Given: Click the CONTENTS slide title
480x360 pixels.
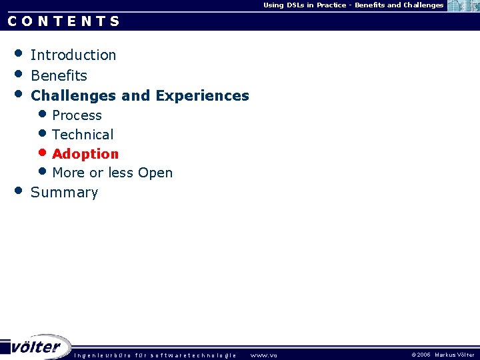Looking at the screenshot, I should coord(64,21).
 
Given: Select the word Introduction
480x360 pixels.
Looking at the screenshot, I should coord(73,55).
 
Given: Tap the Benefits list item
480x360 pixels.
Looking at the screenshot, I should coord(59,75).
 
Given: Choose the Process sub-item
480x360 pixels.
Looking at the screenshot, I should coord(77,115).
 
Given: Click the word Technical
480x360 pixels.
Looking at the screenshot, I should coord(83,135).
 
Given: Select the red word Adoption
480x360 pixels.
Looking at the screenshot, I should coord(85,154).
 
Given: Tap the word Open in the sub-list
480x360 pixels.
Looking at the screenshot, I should coord(155,173).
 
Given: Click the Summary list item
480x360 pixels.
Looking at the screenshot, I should coord(64,193).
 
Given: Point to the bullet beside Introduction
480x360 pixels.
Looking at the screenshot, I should coord(19,53).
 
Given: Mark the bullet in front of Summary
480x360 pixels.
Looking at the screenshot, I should coord(19,191).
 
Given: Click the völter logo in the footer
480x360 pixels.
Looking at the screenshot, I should coord(36,347).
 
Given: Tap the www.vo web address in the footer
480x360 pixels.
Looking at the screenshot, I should coord(263,355).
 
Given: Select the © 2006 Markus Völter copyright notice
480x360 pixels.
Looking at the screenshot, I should coord(443,355).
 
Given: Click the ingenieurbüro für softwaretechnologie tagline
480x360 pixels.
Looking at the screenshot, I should coord(155,355).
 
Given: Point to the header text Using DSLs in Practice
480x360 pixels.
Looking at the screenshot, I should coord(306,5).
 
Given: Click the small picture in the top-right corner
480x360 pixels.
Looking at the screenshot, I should coord(463,6).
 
